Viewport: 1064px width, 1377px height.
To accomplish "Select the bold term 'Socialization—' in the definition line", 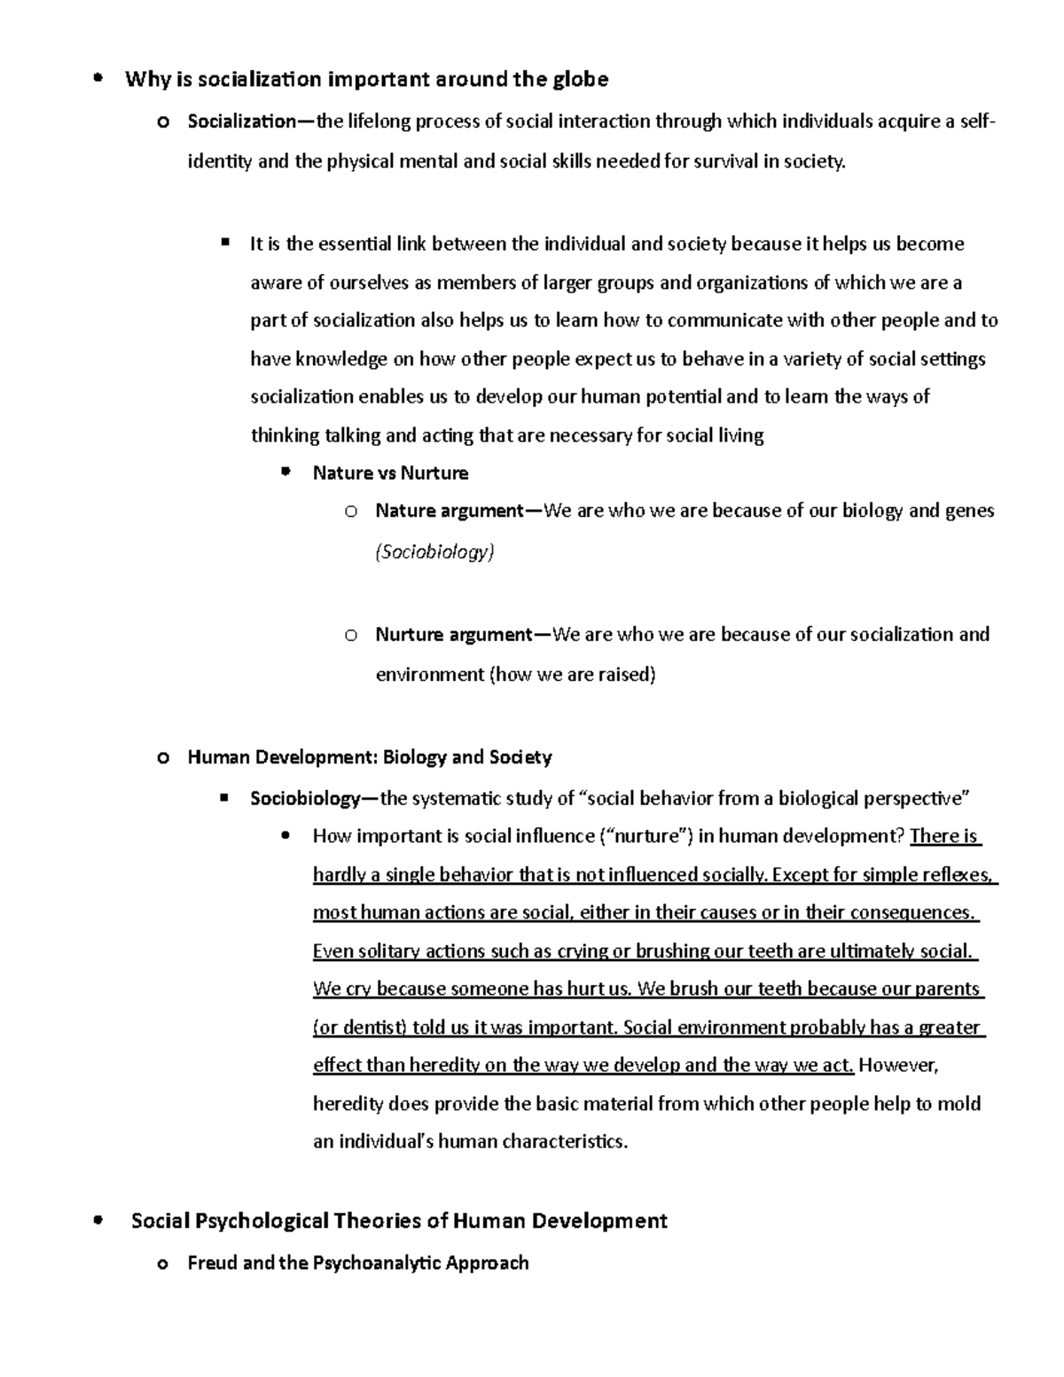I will click(251, 121).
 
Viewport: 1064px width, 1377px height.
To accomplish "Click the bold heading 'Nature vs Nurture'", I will click(390, 473).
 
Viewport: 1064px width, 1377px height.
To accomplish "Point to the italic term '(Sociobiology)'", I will click(434, 552).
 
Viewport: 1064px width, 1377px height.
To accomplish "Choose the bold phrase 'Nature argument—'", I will click(458, 511).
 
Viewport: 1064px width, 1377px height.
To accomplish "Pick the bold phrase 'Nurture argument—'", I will click(463, 635).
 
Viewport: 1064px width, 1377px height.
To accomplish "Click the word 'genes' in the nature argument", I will click(969, 511).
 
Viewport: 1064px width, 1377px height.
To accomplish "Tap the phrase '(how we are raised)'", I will click(573, 675).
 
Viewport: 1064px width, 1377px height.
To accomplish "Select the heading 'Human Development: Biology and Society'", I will click(370, 757).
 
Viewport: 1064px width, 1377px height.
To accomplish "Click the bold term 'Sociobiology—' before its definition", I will click(315, 799).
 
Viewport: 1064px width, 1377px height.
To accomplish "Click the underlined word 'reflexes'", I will click(958, 875).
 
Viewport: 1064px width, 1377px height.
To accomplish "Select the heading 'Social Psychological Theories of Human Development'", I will click(399, 1221).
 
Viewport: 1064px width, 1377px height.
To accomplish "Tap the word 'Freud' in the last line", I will click(212, 1263).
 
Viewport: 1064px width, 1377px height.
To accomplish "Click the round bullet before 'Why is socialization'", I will click(98, 79).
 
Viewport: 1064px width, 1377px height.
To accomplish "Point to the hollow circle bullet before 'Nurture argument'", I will click(351, 635).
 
